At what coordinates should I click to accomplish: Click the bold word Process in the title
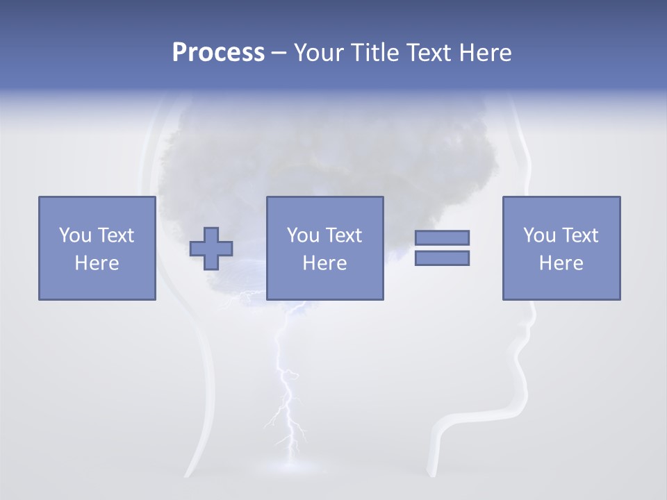(218, 53)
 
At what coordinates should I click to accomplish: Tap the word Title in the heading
(373, 53)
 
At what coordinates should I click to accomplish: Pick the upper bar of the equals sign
(443, 237)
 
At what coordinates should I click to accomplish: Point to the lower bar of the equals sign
(443, 258)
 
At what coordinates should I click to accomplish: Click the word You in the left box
(75, 235)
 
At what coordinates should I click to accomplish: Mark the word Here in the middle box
(325, 263)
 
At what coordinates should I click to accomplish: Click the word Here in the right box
(561, 263)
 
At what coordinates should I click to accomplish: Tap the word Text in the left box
(115, 235)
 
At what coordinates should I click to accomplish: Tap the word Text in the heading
(425, 53)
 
